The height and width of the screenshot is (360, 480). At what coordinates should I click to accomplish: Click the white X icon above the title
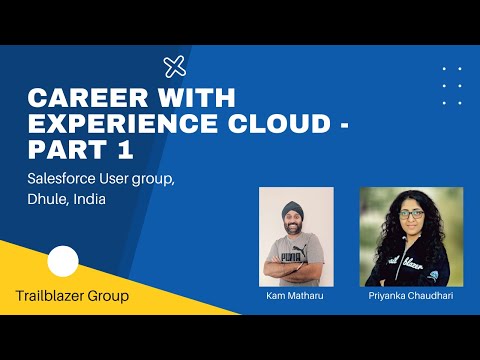tap(174, 67)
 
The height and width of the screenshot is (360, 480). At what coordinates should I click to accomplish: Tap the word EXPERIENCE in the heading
tap(107, 124)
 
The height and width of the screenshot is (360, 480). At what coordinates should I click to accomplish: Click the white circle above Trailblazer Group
tap(63, 262)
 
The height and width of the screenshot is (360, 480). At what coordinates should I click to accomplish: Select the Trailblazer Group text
tap(72, 296)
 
